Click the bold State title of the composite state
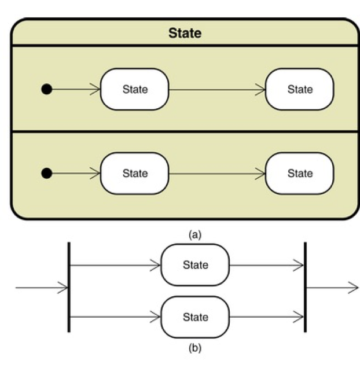pos(185,33)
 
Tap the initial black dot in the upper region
pos(47,89)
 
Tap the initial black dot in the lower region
pos(47,173)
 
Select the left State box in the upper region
pos(135,89)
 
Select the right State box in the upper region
pos(300,89)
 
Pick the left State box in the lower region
pos(135,173)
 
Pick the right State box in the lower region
pos(300,173)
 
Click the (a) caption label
pos(195,234)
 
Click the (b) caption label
pos(195,348)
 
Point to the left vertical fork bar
pos(69,287)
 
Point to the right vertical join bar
pos(305,287)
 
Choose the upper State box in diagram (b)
pos(195,265)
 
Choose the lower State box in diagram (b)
pos(195,317)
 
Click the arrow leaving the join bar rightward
pos(332,287)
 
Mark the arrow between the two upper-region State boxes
pos(217,90)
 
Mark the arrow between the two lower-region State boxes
pos(217,174)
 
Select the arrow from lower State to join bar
pos(267,317)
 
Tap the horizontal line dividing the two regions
pos(185,132)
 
